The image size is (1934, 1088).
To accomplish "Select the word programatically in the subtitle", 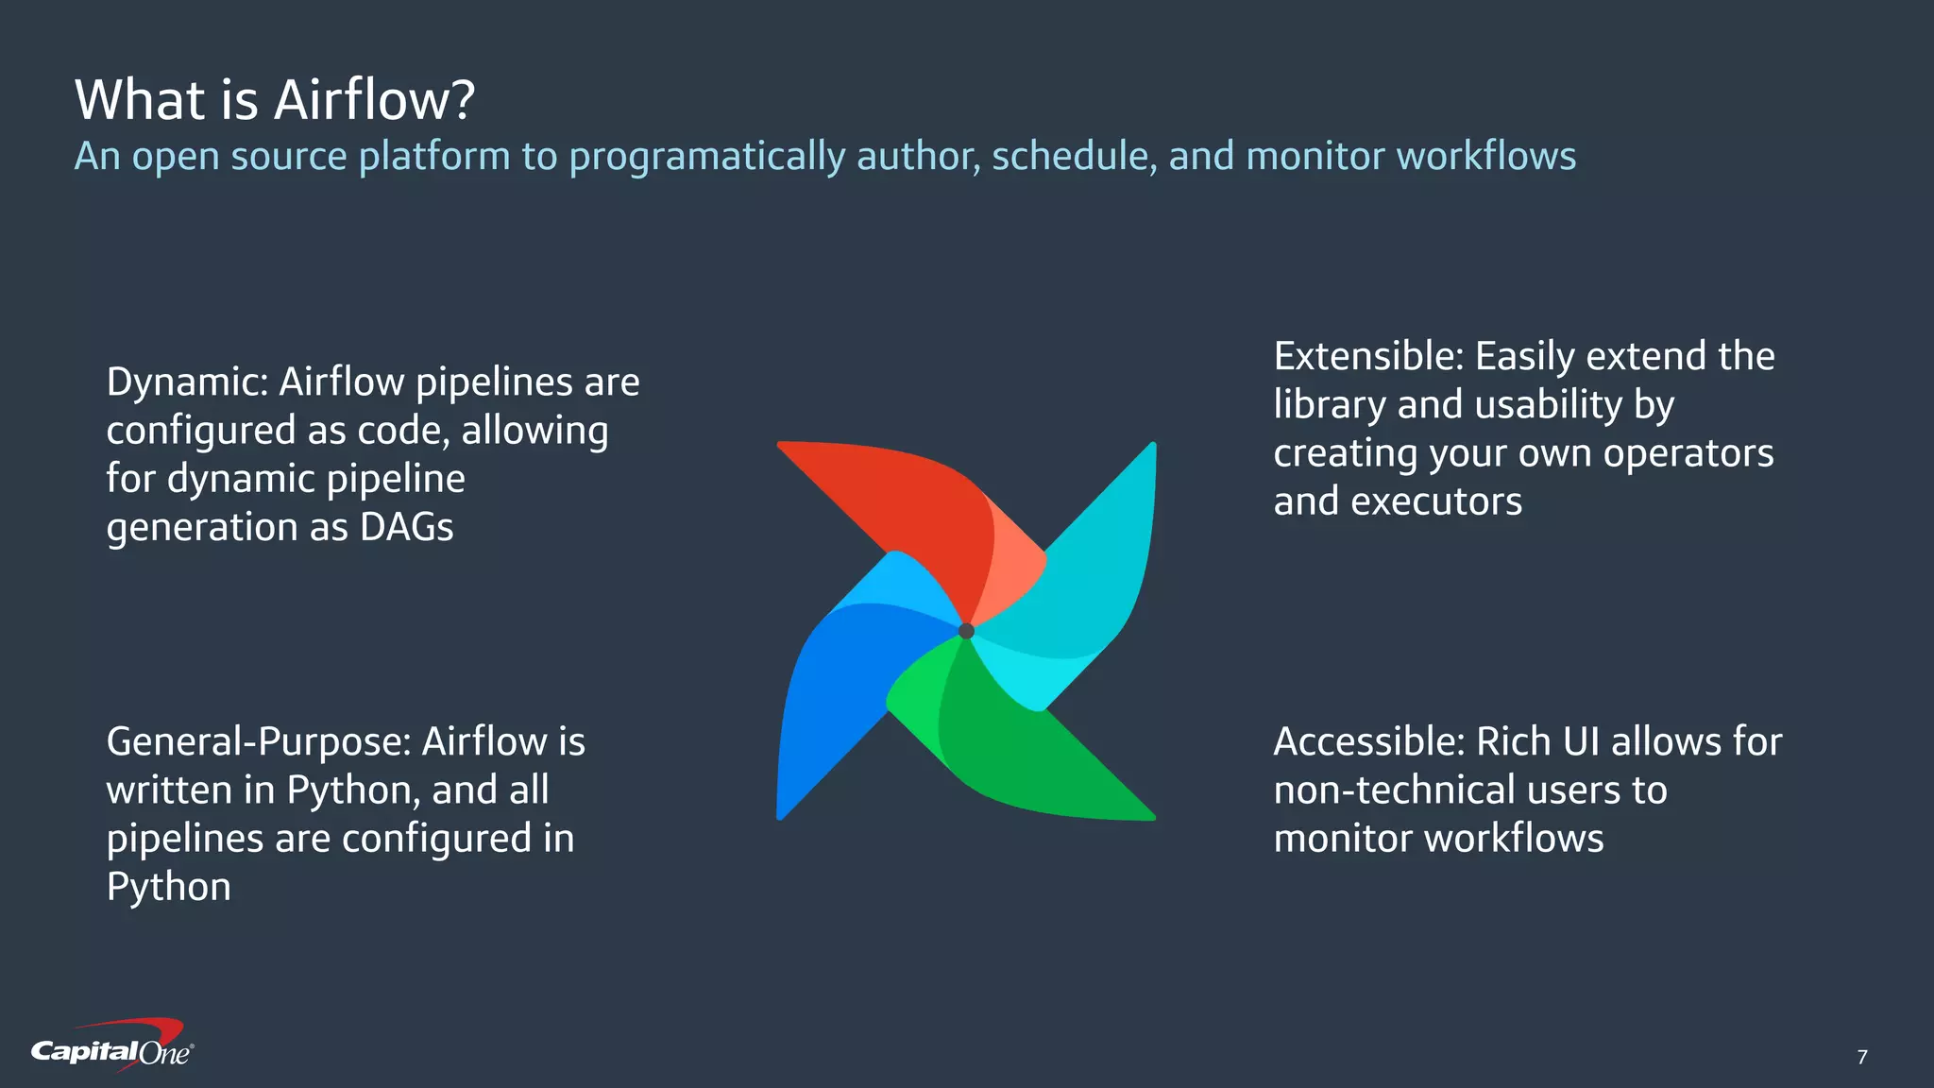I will click(x=706, y=157).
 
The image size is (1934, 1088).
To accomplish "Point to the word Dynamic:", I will click(x=188, y=383).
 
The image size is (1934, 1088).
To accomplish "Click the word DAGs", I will click(x=406, y=528).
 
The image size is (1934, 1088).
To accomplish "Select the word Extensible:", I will click(x=1368, y=357).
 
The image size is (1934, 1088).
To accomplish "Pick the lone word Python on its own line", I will click(x=168, y=888).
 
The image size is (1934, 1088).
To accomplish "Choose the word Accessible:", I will click(x=1368, y=742).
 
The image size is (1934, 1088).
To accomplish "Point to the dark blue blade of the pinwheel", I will click(x=831, y=699).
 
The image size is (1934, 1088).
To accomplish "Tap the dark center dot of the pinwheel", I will click(x=966, y=631).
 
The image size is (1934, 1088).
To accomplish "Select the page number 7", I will click(x=1861, y=1057).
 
